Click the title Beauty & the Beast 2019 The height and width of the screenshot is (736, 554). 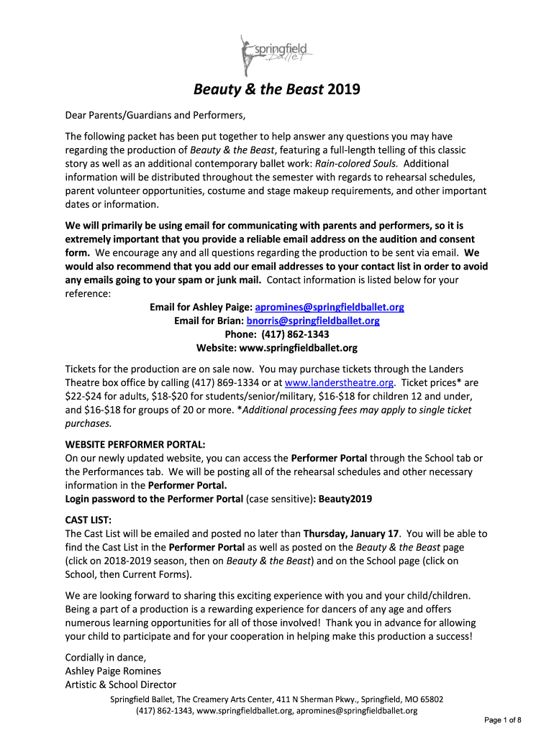pos(276,90)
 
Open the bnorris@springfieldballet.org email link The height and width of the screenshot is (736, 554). pos(313,321)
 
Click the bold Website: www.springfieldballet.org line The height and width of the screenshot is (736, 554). pos(276,348)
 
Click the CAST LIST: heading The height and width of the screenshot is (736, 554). pos(88,520)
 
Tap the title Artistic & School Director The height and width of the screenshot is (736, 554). pos(121,684)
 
